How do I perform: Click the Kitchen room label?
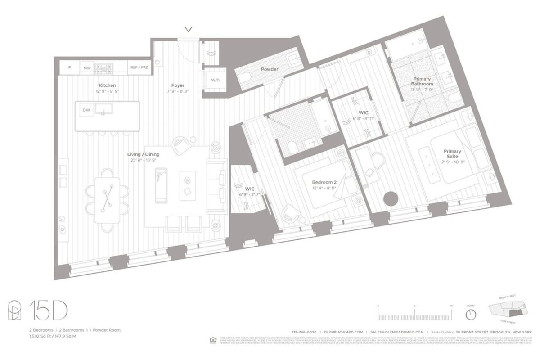pos(108,85)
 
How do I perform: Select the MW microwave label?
pos(86,68)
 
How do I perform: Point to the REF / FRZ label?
pos(139,68)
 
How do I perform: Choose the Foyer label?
pos(178,85)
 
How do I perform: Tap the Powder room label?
pos(270,69)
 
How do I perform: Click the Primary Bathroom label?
pos(422,81)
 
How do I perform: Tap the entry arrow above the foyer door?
pos(189,30)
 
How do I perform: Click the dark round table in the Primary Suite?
pos(390,198)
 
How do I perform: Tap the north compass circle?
pos(471,314)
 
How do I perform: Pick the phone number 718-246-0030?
pos(304,331)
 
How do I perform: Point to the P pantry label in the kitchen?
pos(70,68)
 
